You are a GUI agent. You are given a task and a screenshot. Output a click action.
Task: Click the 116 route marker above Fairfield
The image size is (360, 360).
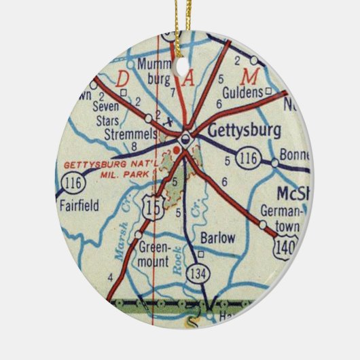(71, 182)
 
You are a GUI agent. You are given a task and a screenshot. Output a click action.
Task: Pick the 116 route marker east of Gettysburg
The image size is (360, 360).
(247, 160)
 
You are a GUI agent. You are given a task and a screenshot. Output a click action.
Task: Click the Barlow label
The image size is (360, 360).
(218, 238)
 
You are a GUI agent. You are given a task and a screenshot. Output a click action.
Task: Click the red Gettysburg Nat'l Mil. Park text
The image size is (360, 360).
(109, 169)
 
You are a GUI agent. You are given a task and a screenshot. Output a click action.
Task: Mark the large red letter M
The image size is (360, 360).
(253, 74)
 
